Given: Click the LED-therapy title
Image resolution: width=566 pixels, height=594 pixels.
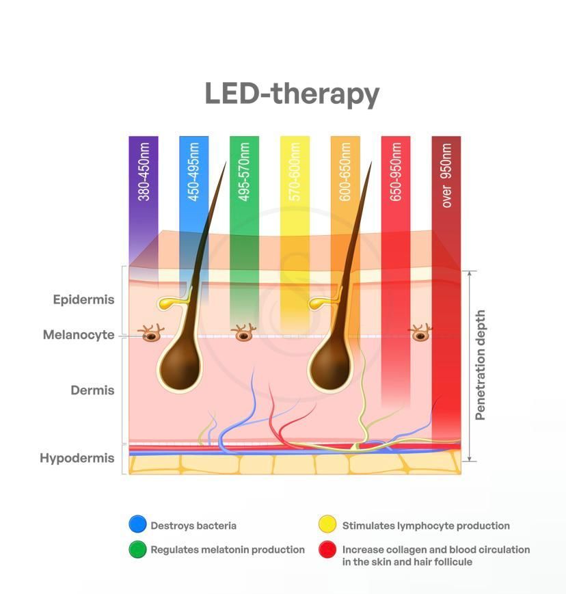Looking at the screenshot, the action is coord(292,94).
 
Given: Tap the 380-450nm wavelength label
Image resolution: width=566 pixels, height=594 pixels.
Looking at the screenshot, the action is coord(144,172).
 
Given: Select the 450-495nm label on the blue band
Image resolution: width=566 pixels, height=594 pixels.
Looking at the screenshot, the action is coord(193,172).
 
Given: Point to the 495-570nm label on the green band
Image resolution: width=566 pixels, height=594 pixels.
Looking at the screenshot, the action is coord(244,172).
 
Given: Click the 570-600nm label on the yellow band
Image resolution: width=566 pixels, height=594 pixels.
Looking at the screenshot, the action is coord(295,172).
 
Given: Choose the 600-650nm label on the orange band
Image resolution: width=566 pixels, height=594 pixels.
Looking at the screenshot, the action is coord(345,172).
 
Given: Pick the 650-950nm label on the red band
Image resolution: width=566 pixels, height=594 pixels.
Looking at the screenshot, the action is coord(396,172).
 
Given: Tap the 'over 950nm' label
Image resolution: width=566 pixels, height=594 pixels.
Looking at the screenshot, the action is coord(446,175).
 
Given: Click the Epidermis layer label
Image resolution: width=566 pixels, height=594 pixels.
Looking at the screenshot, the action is coord(83,299).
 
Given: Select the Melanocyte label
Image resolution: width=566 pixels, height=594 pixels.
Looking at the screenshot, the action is coord(79,335).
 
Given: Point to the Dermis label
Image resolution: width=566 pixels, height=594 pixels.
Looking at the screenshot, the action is coord(92,390).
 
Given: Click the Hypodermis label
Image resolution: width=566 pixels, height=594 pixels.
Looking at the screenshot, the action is coord(77,459).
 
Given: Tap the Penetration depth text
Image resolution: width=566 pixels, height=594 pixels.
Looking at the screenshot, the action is coord(480,365).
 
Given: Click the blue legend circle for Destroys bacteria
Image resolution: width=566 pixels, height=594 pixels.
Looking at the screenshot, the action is coord(137,524).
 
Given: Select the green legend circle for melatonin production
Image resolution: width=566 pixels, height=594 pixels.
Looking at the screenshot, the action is coord(137,550).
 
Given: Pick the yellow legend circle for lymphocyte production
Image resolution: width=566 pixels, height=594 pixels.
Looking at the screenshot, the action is coord(327,524).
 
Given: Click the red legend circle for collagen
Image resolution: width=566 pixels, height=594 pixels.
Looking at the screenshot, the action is coord(327,550).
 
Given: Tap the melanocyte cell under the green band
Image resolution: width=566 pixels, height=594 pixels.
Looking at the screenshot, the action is coord(243,333).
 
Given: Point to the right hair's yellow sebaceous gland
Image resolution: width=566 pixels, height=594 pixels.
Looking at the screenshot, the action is coord(320,303).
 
